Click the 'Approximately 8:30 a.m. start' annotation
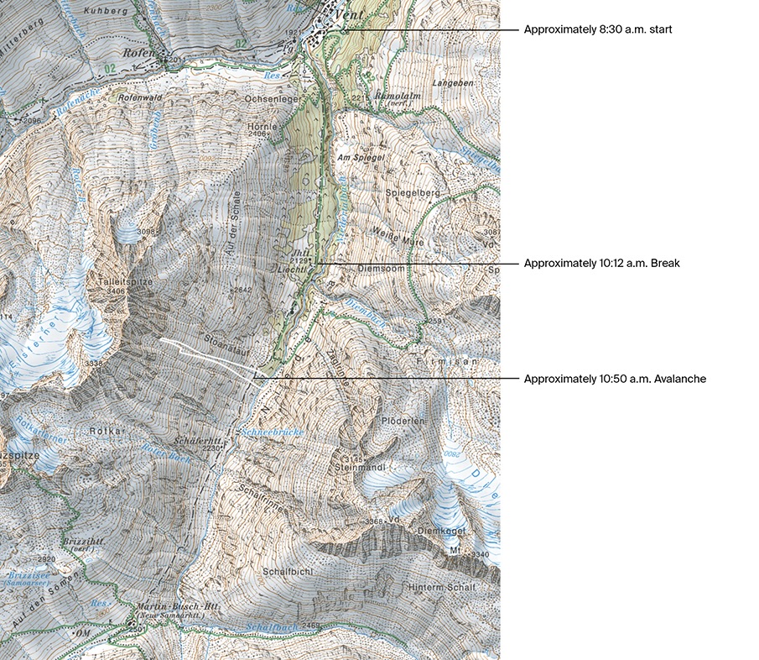click(x=598, y=29)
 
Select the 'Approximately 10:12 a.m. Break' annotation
click(x=601, y=263)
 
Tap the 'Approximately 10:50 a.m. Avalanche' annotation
click(x=615, y=379)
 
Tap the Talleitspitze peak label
click(x=125, y=282)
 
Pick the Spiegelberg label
click(x=413, y=193)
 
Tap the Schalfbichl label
click(x=288, y=571)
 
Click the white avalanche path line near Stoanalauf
click(x=205, y=354)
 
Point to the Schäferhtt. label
click(x=198, y=440)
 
